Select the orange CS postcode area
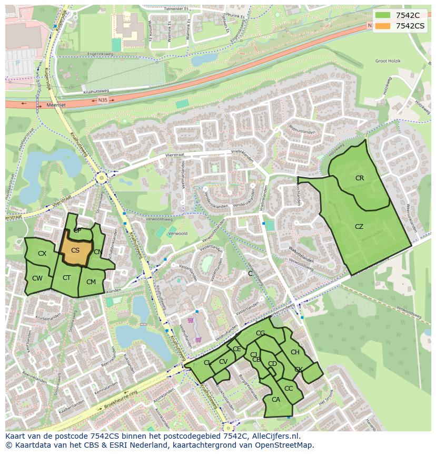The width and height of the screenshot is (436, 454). coord(75,251)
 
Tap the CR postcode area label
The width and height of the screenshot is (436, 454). coord(360,178)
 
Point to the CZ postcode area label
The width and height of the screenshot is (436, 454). coord(359,227)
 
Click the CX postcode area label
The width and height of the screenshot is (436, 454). coord(42,254)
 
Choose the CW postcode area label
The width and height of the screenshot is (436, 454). coord(37,278)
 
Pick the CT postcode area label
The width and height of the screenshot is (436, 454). coord(67,278)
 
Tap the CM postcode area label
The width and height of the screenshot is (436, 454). coord(91,282)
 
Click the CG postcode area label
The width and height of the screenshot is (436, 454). coord(260,333)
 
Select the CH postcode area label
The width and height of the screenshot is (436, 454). coord(295,352)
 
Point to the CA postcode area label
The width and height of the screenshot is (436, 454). coord(276,400)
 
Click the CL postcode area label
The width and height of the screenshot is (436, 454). coord(207,363)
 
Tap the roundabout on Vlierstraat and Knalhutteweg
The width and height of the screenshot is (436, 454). coord(101,178)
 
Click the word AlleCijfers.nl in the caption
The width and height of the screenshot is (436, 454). coord(274,436)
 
